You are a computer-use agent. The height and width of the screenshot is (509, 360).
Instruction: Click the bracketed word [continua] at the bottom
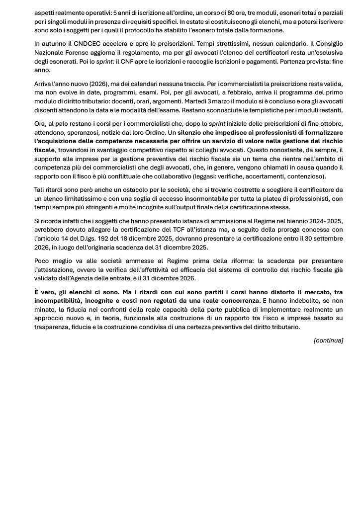[x=328, y=340]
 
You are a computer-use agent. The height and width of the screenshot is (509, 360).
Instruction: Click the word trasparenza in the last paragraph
[x=56, y=327]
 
